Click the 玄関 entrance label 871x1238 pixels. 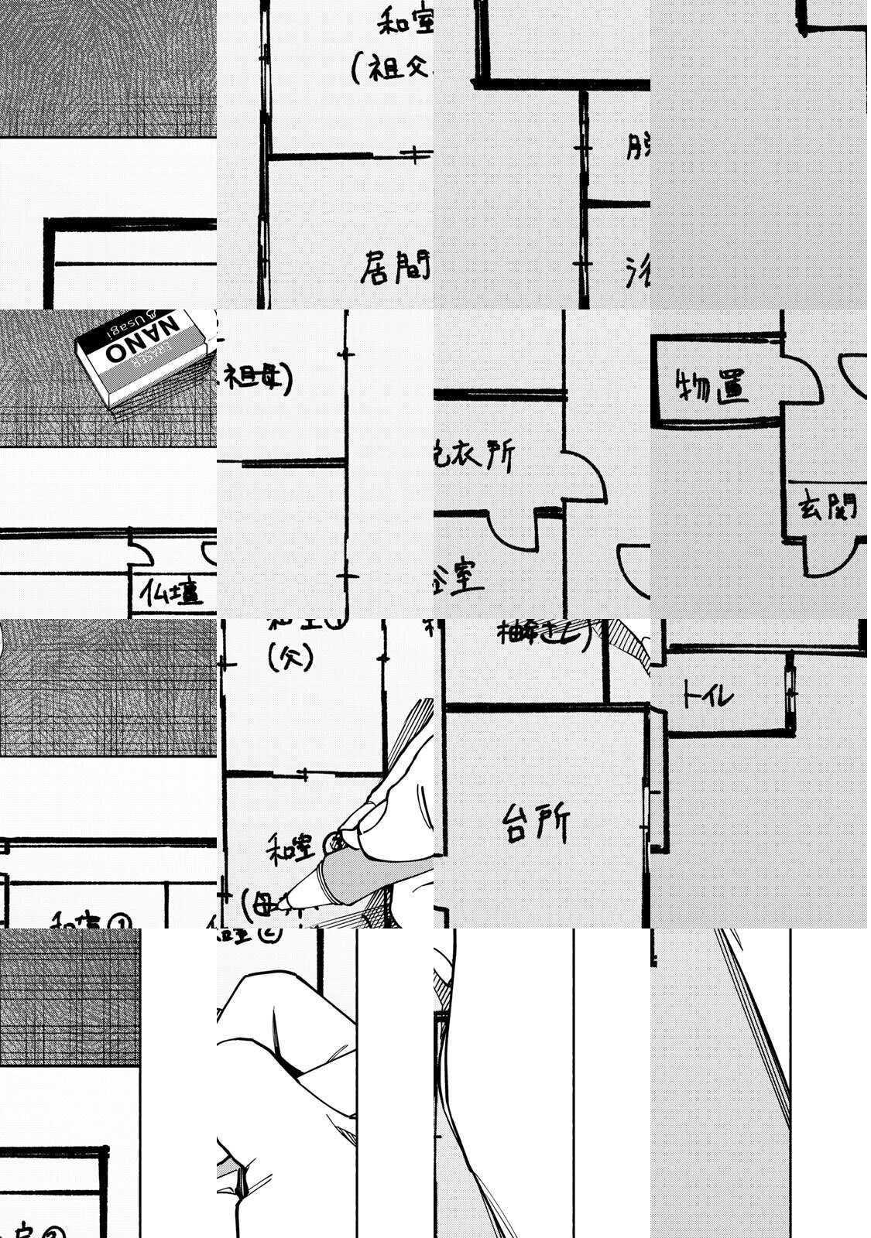827,508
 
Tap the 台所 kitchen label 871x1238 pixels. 536,822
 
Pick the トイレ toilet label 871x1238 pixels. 706,695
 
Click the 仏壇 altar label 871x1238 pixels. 172,594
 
